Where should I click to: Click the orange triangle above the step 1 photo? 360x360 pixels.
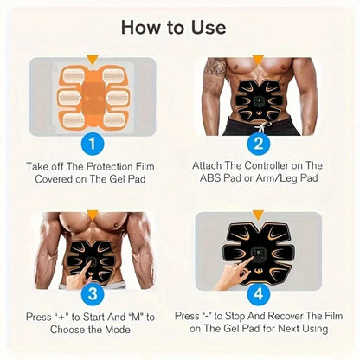93,61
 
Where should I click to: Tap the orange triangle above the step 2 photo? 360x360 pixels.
257,61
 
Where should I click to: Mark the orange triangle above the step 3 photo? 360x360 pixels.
93,214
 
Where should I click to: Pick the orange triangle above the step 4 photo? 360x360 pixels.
257,214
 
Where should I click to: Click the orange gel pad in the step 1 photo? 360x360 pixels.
92,97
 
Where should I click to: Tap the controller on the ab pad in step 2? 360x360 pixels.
257,101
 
